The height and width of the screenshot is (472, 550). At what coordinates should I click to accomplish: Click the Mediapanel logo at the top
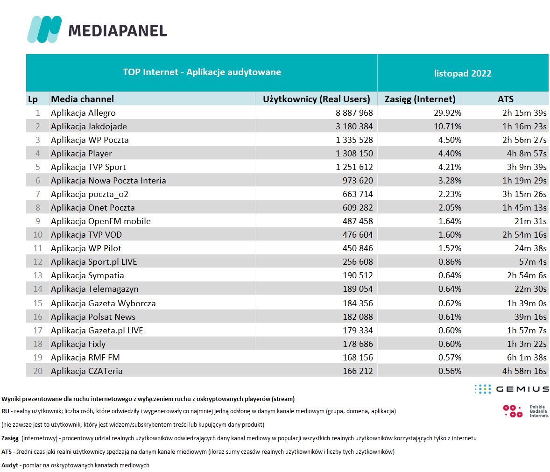(x=97, y=29)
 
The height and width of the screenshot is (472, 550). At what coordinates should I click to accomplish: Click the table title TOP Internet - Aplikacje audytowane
(x=202, y=72)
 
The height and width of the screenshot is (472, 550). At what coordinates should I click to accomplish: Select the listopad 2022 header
(x=463, y=73)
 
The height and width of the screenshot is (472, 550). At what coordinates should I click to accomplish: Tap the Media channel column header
(x=83, y=99)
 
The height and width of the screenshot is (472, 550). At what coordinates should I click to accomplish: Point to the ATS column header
(x=506, y=99)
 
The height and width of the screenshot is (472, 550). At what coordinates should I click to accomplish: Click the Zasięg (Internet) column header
(x=420, y=99)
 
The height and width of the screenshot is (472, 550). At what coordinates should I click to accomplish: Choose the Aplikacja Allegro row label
(x=83, y=113)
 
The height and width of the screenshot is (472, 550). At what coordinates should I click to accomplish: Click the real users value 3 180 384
(x=354, y=127)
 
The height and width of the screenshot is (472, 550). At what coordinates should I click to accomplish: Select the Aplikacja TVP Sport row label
(x=88, y=167)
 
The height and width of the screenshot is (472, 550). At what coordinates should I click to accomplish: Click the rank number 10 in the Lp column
(x=38, y=235)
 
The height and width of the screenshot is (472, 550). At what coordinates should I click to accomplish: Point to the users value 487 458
(x=358, y=221)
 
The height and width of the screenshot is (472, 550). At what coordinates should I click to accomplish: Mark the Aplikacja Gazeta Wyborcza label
(x=103, y=303)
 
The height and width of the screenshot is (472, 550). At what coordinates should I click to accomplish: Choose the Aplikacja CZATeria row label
(x=87, y=371)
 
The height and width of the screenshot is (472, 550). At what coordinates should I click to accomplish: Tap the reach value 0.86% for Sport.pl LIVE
(x=450, y=262)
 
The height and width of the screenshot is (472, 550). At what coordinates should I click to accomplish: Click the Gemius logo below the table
(x=511, y=389)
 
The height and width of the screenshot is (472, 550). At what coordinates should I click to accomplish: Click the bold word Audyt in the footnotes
(x=10, y=465)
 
